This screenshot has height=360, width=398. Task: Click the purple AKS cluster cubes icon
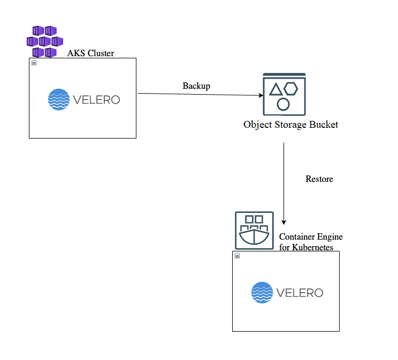click(x=45, y=41)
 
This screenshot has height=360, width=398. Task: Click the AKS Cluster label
click(x=90, y=53)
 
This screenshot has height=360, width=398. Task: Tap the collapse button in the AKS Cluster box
click(x=34, y=63)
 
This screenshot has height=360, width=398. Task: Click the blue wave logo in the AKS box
click(x=59, y=99)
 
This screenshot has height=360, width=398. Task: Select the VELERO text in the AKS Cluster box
click(x=96, y=99)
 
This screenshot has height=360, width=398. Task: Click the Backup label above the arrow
click(x=196, y=86)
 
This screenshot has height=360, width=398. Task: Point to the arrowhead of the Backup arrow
click(x=262, y=96)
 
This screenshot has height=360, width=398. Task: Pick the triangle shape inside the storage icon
click(x=276, y=89)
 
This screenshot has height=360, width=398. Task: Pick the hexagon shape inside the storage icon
click(x=291, y=88)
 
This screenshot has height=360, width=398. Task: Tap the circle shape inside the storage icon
click(x=284, y=103)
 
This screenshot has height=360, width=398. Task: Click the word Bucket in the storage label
click(x=323, y=125)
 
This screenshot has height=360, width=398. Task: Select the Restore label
click(x=319, y=179)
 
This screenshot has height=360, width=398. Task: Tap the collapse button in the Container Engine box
click(x=237, y=256)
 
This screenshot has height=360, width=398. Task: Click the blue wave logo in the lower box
click(x=262, y=293)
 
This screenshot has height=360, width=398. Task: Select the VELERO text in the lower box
click(x=300, y=293)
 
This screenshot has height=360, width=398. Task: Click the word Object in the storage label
click(x=258, y=125)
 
